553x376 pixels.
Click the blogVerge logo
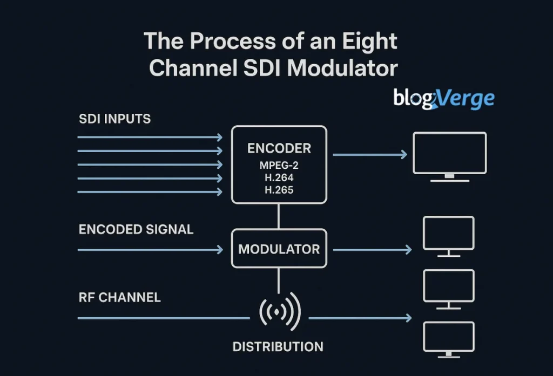click(x=443, y=99)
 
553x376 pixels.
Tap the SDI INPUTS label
click(x=114, y=119)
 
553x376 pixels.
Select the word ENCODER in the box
click(x=279, y=148)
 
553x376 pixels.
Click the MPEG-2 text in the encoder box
click(x=279, y=165)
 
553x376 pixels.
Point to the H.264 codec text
click(x=279, y=177)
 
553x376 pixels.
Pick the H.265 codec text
click(x=279, y=190)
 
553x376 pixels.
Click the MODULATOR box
click(x=279, y=249)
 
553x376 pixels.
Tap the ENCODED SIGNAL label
click(x=136, y=229)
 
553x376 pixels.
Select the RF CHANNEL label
click(x=119, y=297)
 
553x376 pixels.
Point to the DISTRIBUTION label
click(x=278, y=346)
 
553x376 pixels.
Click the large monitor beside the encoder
click(x=449, y=155)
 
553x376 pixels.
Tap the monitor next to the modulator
click(x=448, y=235)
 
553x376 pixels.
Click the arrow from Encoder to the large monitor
click(x=370, y=155)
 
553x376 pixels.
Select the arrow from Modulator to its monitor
click(x=372, y=250)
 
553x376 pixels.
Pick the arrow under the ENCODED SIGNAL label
click(x=150, y=250)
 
